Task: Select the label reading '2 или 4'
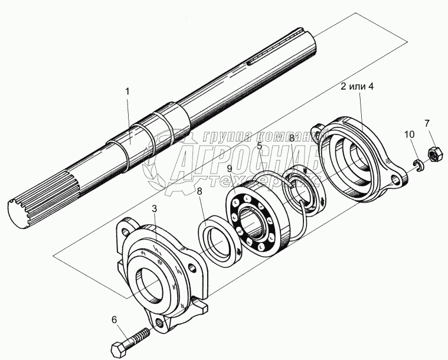tap(358, 87)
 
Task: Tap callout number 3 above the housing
tap(153, 209)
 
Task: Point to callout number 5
tap(259, 145)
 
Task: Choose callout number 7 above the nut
tap(426, 123)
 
